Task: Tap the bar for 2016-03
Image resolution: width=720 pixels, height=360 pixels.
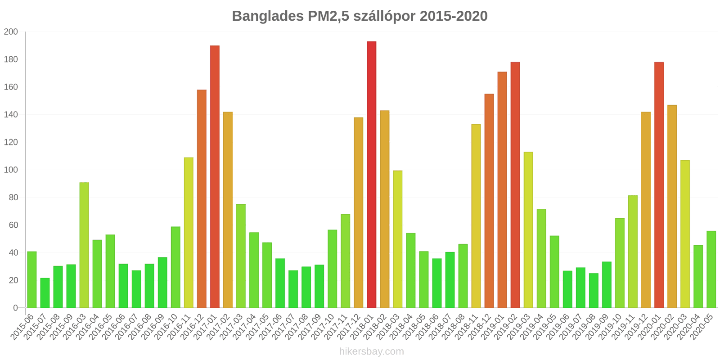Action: (84, 245)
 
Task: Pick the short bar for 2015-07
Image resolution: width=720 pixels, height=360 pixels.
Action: (45, 293)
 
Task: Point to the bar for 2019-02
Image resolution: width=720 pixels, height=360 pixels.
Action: (515, 185)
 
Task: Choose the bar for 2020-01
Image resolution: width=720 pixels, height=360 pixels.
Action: (659, 185)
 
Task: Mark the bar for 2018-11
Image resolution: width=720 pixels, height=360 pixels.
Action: (476, 216)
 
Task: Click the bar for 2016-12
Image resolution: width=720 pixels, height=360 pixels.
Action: (202, 199)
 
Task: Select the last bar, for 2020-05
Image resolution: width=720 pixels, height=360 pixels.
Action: (711, 270)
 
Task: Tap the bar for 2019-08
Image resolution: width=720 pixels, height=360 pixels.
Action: (594, 291)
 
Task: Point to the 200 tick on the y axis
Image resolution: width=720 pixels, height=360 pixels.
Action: (11, 32)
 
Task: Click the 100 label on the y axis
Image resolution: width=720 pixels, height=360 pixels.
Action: (11, 170)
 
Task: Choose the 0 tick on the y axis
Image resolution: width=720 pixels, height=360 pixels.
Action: (15, 308)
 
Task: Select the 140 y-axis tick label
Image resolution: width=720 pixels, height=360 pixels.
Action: (11, 115)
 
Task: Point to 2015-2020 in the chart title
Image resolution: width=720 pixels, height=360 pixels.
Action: (453, 16)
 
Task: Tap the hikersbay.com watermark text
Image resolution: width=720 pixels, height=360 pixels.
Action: (371, 351)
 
